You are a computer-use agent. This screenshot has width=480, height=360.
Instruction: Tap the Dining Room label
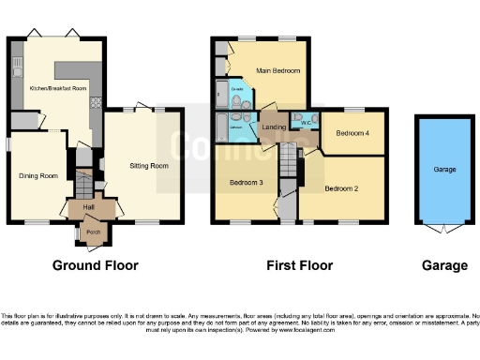coord(38,175)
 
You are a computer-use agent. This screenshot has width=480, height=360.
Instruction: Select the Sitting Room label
coord(149,166)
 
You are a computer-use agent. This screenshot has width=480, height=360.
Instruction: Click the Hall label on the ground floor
coord(88,207)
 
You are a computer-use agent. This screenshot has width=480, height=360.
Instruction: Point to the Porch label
coord(93,232)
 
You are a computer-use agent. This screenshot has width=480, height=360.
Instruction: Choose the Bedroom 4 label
coord(353,133)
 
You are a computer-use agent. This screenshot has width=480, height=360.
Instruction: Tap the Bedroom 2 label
coord(342,188)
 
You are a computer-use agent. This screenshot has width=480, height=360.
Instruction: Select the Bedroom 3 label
coord(245,182)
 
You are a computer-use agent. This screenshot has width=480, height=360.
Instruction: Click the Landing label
coord(274,127)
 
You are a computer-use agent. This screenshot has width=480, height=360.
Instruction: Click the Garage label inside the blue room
coord(444,170)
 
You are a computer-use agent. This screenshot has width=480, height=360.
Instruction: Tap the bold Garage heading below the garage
coord(444,265)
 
